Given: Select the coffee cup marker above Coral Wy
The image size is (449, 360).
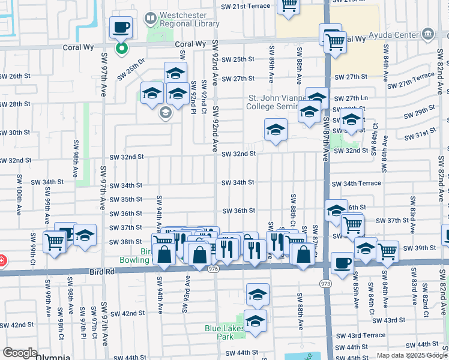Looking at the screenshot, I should (x=121, y=28).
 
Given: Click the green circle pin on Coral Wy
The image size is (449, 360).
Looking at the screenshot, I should (x=121, y=49).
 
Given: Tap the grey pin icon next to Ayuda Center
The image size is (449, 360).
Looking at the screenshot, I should (x=427, y=34).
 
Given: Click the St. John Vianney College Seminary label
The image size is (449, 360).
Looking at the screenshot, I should (x=274, y=102).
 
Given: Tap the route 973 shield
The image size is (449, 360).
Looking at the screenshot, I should (x=326, y=283).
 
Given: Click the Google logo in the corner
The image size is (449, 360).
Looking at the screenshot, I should (x=20, y=353).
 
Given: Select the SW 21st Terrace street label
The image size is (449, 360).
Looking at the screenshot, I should (x=246, y=5).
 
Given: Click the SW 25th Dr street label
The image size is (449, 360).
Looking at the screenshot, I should (x=131, y=70).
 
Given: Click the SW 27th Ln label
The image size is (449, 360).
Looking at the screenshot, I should (x=351, y=98).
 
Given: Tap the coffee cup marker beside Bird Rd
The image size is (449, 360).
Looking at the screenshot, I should (x=342, y=263).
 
